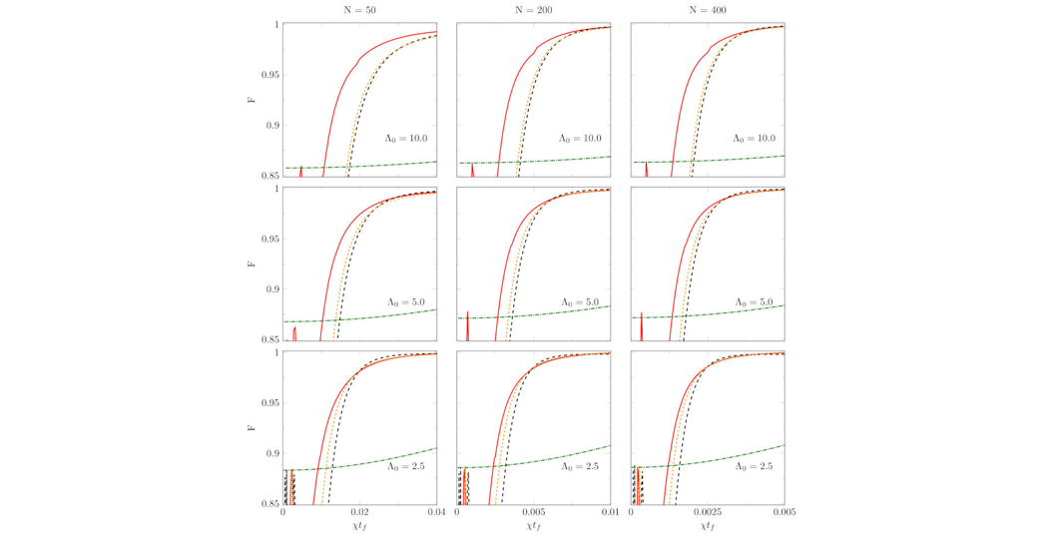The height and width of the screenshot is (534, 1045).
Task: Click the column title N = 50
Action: tap(359, 10)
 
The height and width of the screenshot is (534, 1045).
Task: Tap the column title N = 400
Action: tap(708, 10)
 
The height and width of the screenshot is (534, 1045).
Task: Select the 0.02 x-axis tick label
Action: tap(359, 514)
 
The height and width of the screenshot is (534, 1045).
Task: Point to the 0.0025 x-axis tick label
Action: tap(708, 514)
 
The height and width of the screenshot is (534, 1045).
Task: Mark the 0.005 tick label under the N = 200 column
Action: tap(534, 514)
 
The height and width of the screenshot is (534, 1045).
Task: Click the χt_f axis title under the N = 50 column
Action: tap(359, 526)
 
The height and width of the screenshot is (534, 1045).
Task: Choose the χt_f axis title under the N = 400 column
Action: tap(708, 526)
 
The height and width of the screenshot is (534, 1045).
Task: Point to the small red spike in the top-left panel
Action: tap(300, 171)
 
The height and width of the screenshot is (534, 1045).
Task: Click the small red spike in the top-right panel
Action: tap(647, 168)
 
